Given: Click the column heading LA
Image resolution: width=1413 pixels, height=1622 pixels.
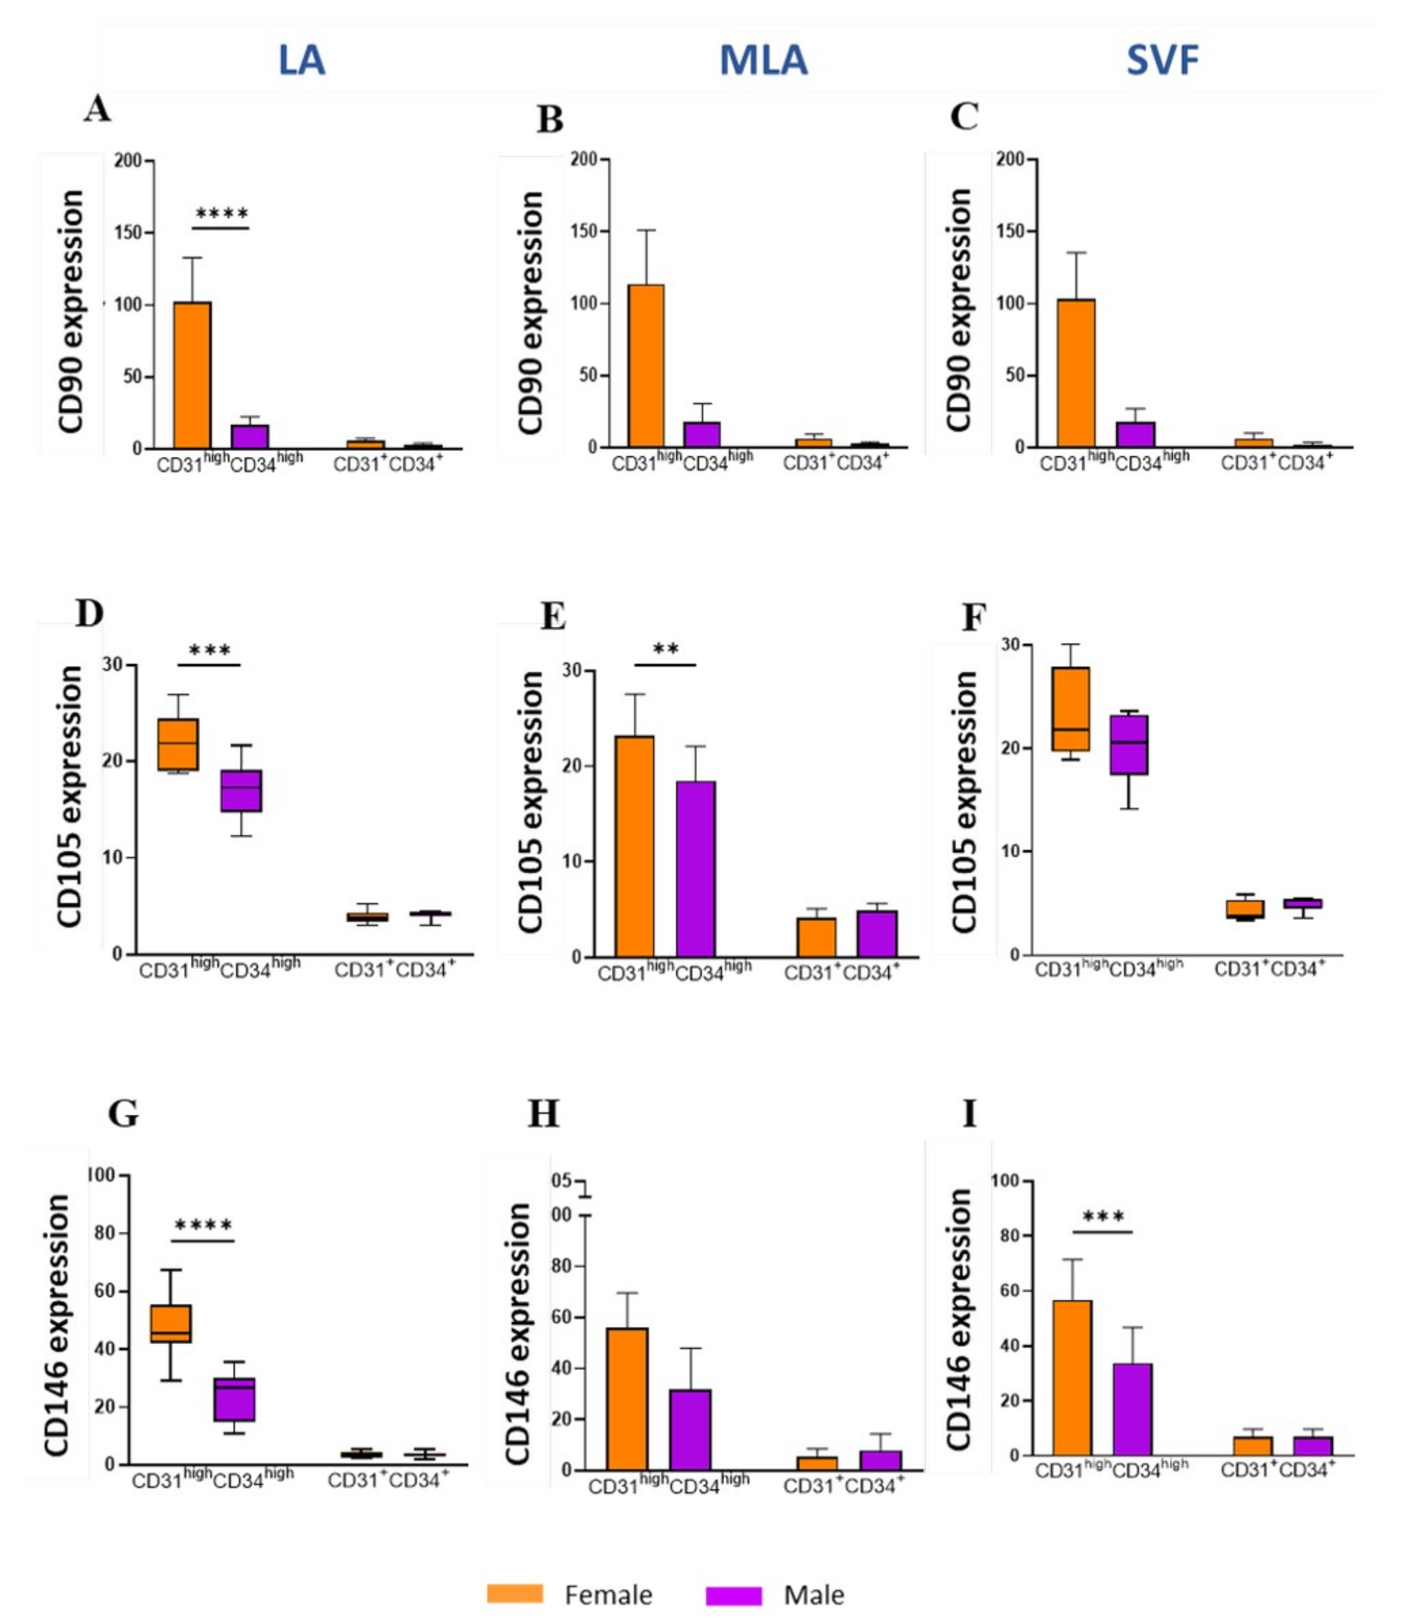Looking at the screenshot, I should point(301,61).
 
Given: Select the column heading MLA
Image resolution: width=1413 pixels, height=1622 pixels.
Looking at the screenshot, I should point(763,61).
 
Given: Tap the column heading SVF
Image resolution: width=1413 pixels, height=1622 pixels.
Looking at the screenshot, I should point(1162,61).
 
